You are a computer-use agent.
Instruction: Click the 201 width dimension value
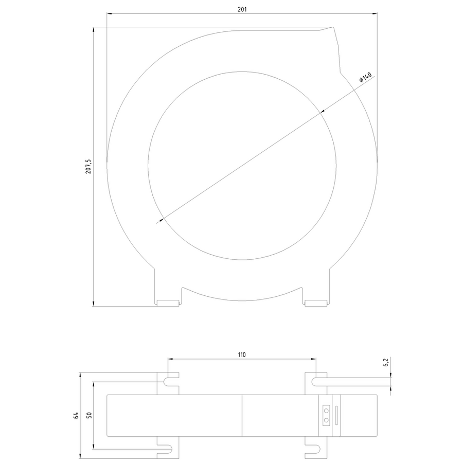pyautogui.click(x=242, y=9)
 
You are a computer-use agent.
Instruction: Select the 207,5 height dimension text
pyautogui.click(x=88, y=167)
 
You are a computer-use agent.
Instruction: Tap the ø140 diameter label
pyautogui.click(x=365, y=77)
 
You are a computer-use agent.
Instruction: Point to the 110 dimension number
pyautogui.click(x=242, y=354)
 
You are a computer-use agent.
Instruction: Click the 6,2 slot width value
pyautogui.click(x=386, y=362)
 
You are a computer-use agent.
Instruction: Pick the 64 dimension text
pyautogui.click(x=76, y=416)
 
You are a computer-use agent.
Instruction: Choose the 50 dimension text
pyautogui.click(x=89, y=415)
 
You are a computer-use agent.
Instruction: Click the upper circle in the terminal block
pyautogui.click(x=326, y=411)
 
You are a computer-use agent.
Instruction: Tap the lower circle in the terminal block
pyautogui.click(x=326, y=420)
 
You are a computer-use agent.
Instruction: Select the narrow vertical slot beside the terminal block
pyautogui.click(x=336, y=416)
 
